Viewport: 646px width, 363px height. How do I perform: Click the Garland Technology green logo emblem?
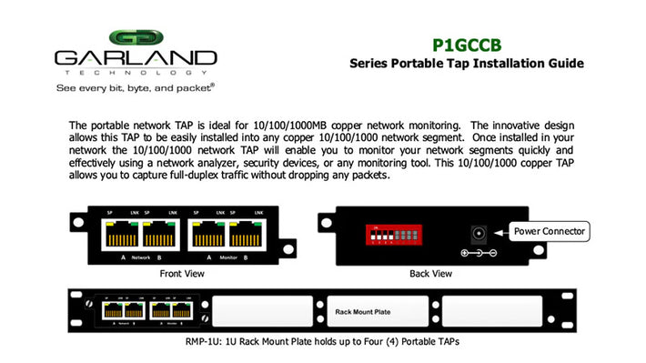(x=136, y=39)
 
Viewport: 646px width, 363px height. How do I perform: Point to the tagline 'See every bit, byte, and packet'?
(x=136, y=88)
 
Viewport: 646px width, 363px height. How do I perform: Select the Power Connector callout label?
(x=550, y=231)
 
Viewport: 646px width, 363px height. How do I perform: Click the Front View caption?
(x=182, y=273)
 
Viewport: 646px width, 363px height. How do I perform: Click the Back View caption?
(x=430, y=273)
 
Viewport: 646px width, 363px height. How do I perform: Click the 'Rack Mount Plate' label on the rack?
(x=362, y=311)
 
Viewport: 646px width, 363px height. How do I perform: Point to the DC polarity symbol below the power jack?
(x=477, y=251)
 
